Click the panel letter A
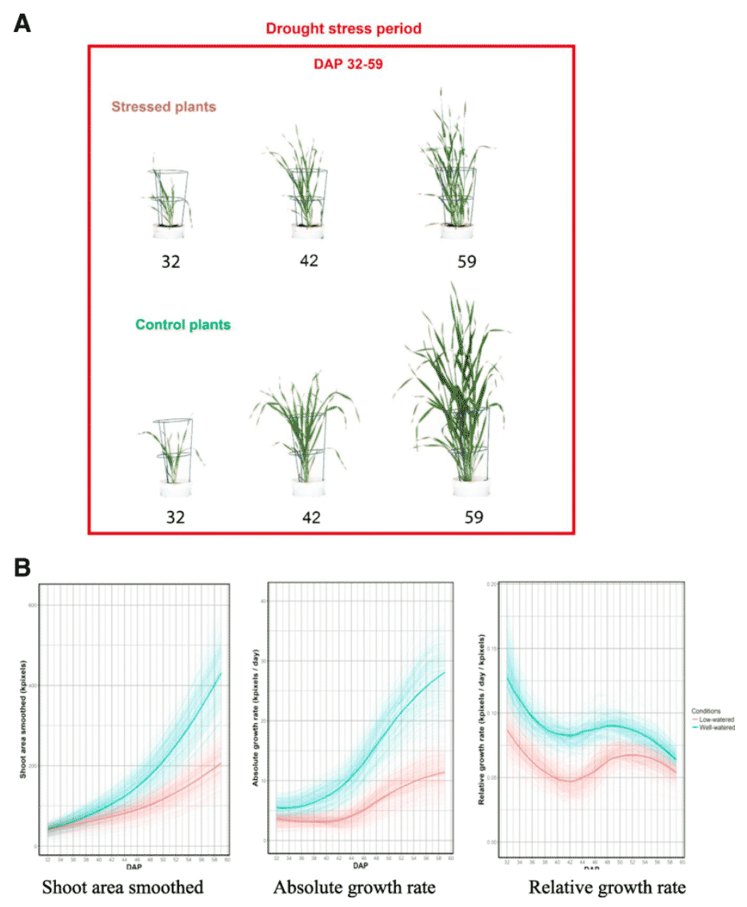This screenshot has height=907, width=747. [23, 24]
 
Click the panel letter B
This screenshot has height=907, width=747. [23, 567]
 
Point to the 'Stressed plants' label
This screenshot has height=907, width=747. [163, 106]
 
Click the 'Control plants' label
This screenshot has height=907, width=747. [183, 325]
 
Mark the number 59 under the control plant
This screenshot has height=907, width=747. [473, 517]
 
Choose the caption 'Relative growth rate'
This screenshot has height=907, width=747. [607, 887]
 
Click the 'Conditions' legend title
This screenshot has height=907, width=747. [707, 709]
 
